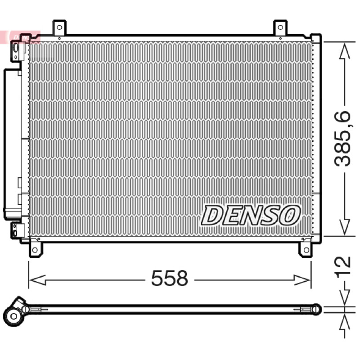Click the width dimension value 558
coord(170,278)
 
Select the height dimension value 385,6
coord(342,139)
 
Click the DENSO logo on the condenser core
coord(251,215)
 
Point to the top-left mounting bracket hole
coord(59,27)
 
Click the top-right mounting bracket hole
coord(280,27)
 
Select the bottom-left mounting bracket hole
coord(35,250)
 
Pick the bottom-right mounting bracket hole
coord(306,250)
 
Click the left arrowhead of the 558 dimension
coord(37,280)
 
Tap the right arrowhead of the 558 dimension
coord(302,280)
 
